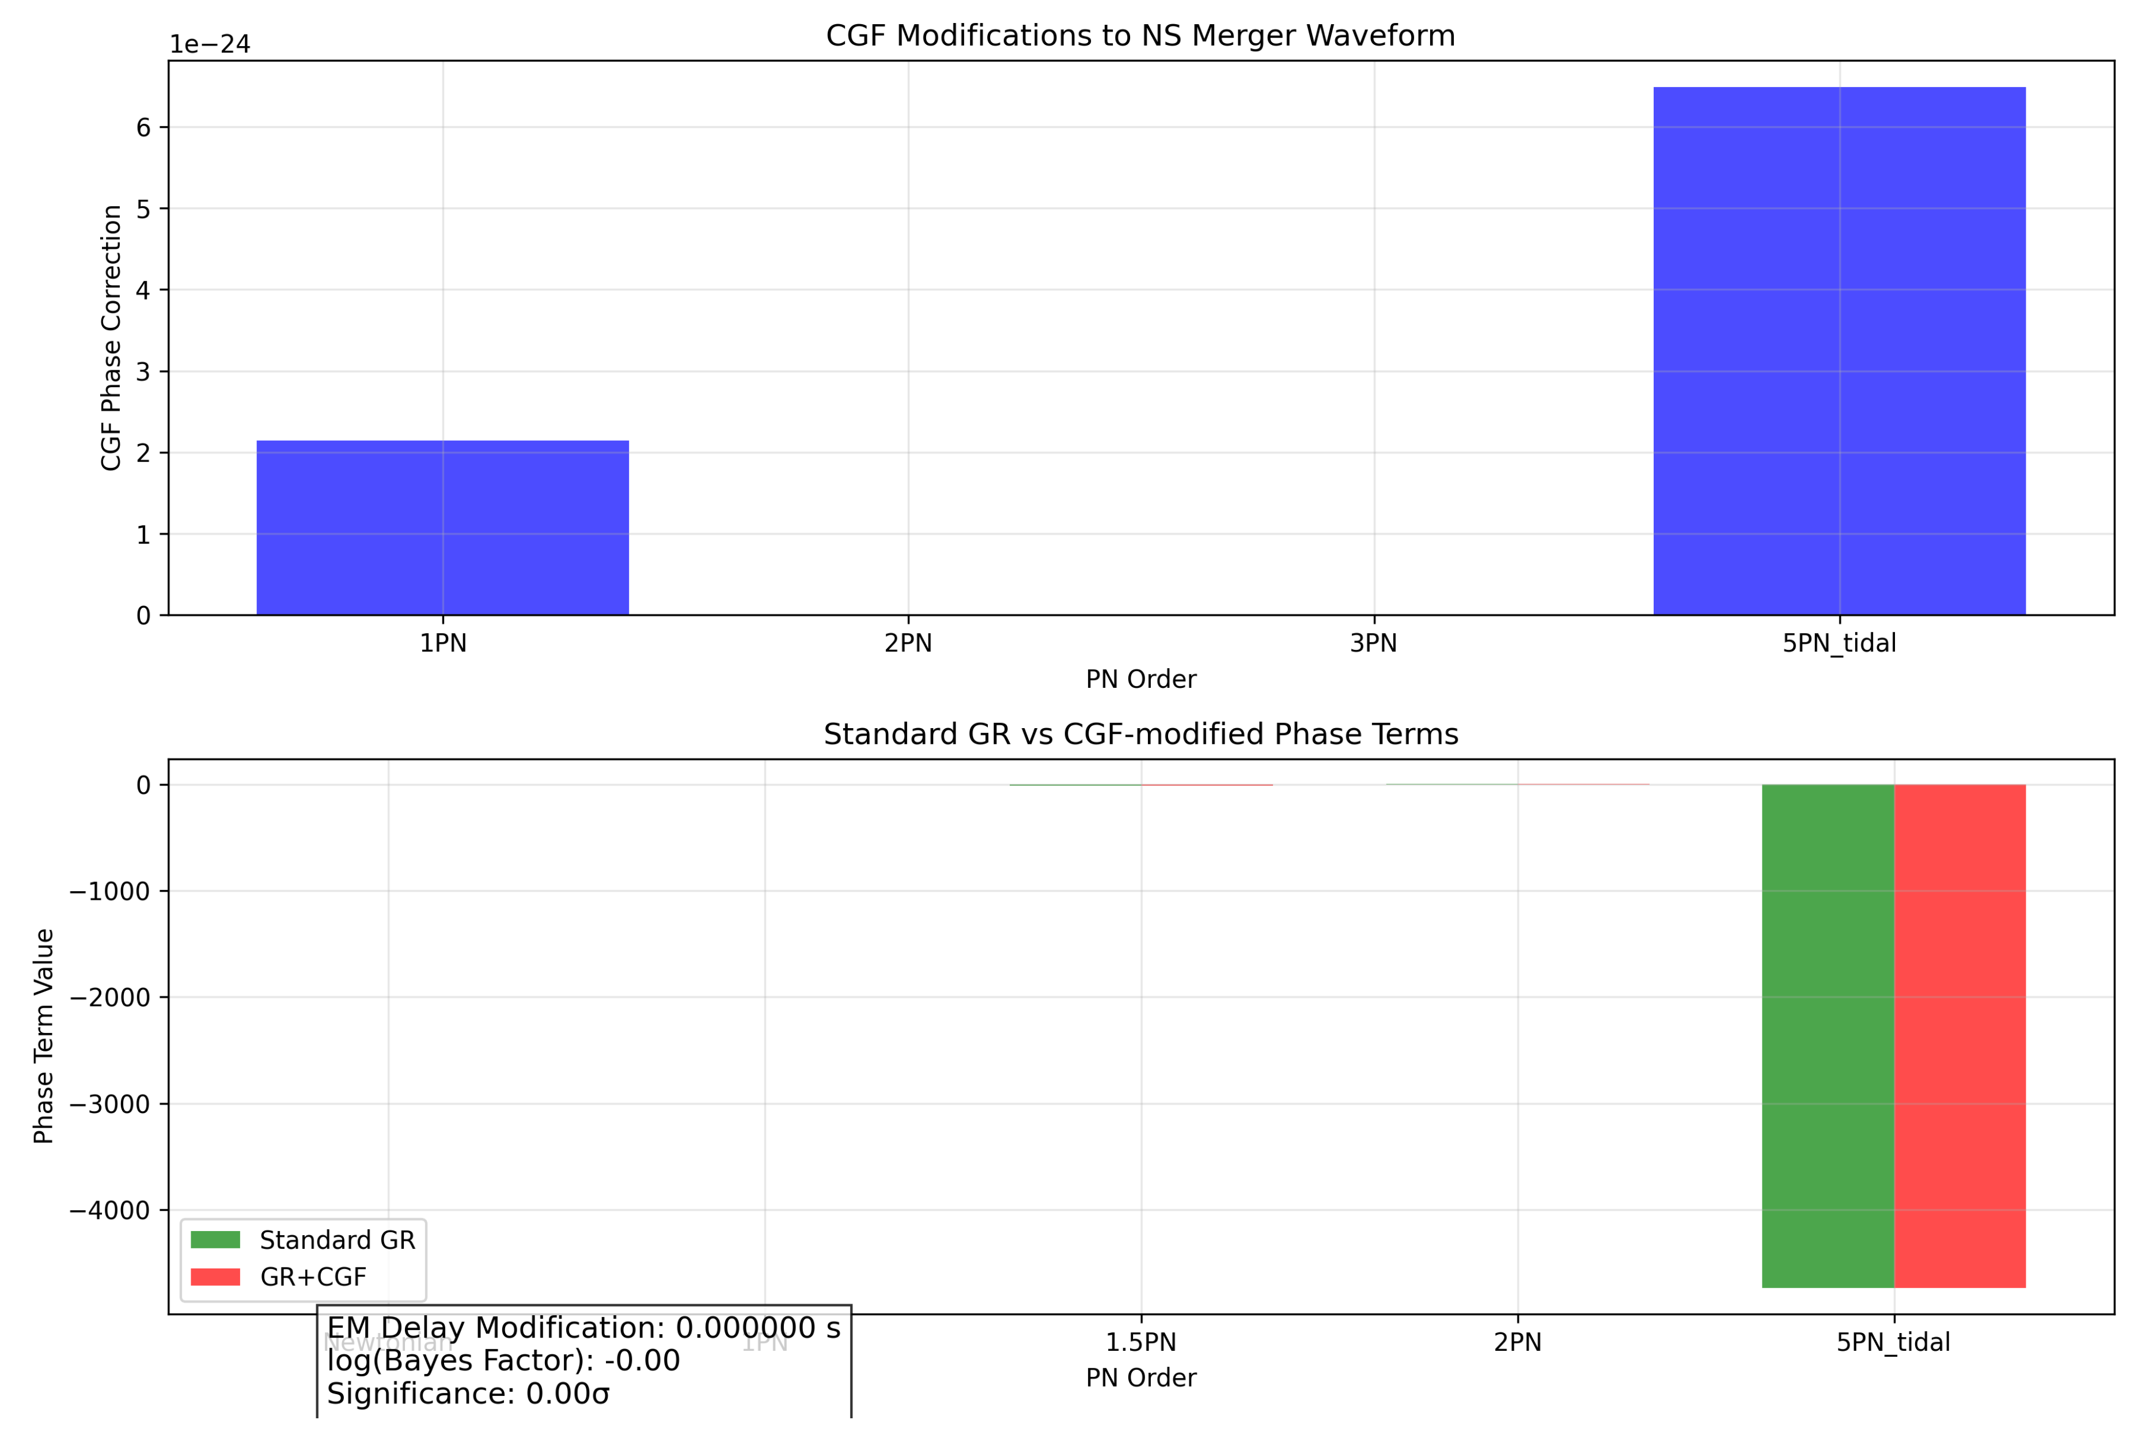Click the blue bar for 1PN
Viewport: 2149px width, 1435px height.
coord(443,528)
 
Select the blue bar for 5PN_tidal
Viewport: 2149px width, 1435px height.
coord(1839,351)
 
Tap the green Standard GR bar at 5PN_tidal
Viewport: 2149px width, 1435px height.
coord(1827,1035)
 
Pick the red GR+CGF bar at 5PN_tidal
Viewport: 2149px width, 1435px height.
coord(1959,1035)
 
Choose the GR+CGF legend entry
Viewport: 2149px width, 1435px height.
coord(313,1277)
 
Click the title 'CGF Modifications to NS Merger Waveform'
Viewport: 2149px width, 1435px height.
coord(1140,36)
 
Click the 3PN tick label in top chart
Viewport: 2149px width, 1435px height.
coord(1373,643)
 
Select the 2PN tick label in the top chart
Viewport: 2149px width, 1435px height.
coord(908,643)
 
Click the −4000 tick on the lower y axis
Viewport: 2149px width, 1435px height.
coord(110,1211)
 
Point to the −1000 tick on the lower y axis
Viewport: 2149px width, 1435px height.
coord(110,891)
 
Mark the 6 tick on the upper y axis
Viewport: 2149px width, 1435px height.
coord(143,127)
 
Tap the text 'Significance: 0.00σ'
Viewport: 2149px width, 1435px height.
coord(468,1394)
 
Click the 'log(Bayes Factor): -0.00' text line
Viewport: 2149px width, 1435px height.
coord(503,1361)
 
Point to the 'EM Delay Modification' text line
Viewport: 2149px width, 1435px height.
coord(583,1328)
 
